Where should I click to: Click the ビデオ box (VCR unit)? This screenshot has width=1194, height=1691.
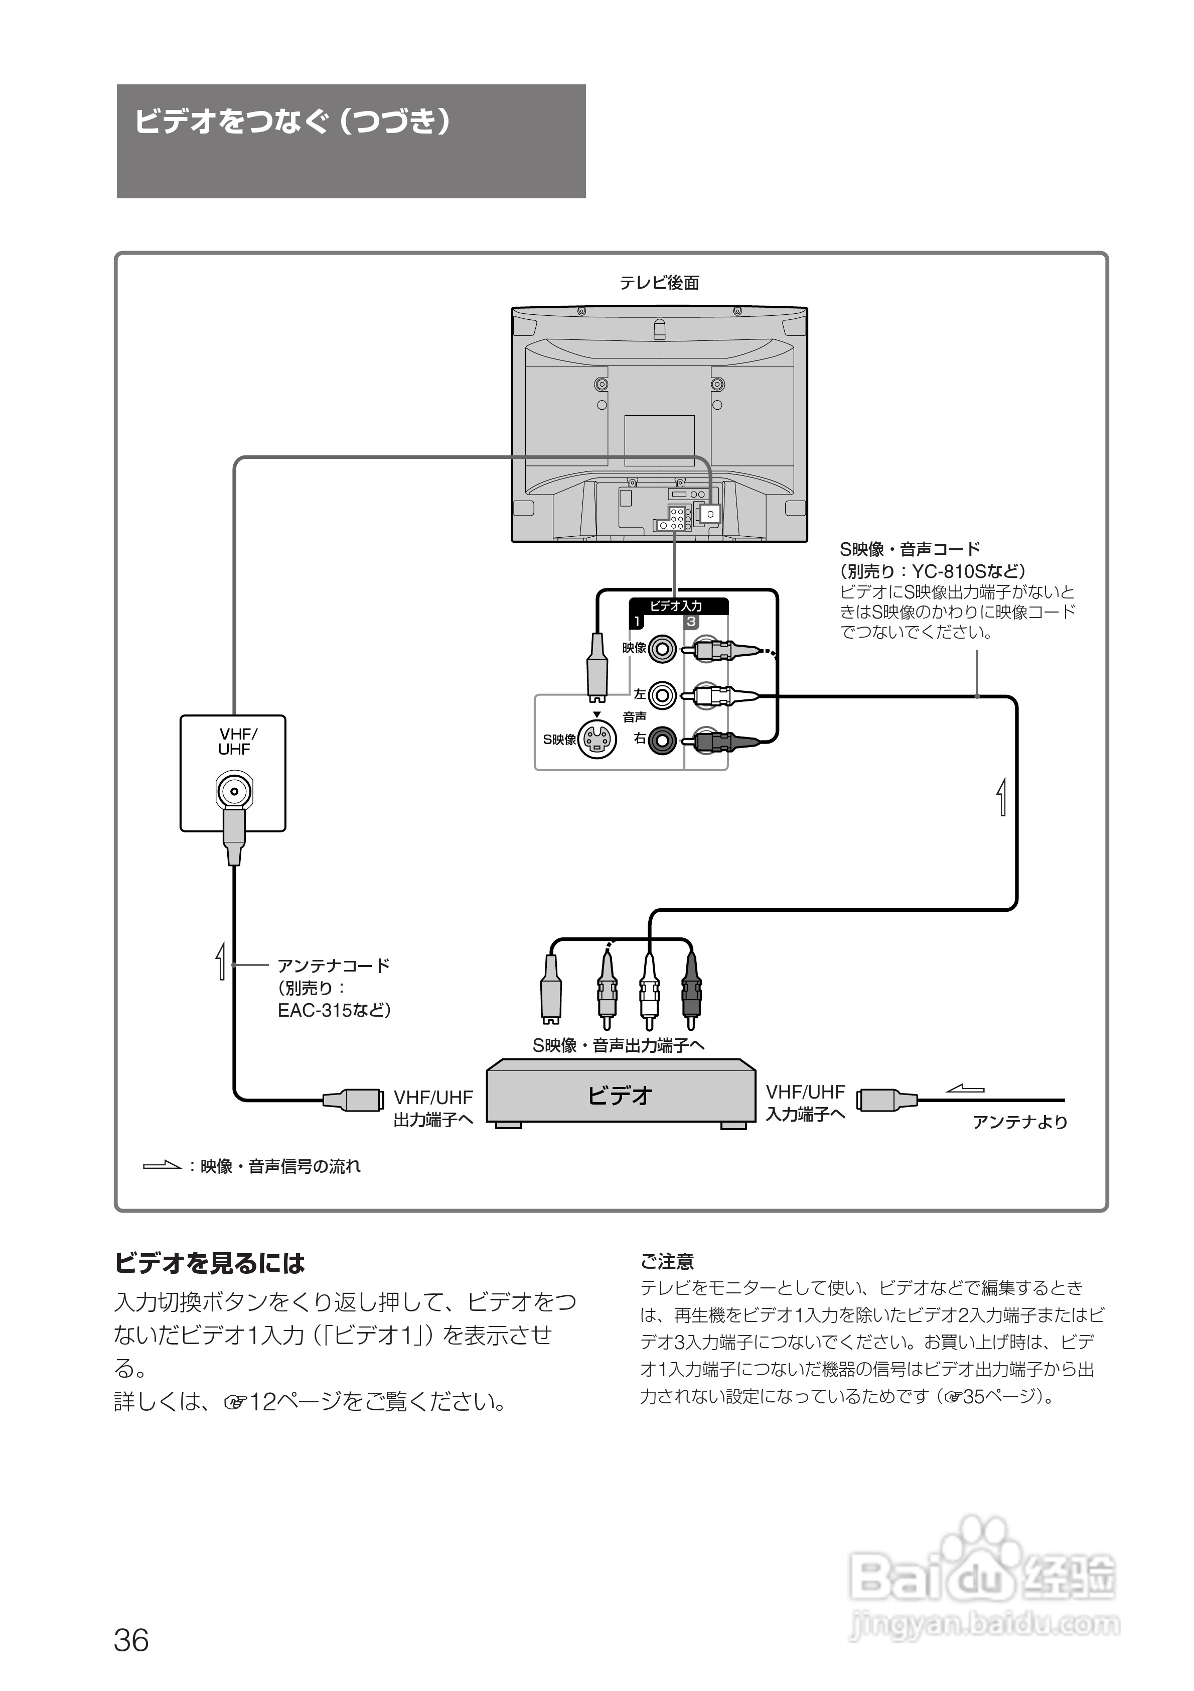click(621, 1096)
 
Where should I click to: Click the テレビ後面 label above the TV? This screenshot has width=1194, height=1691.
click(659, 283)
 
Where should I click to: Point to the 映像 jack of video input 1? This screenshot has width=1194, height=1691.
click(663, 649)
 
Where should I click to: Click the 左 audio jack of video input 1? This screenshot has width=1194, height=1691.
click(663, 694)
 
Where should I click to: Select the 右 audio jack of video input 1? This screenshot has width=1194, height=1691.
click(663, 739)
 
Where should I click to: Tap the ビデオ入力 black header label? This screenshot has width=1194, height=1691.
click(676, 606)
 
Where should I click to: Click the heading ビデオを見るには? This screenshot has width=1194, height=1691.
click(210, 1264)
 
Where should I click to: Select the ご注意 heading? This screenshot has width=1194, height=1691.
click(667, 1262)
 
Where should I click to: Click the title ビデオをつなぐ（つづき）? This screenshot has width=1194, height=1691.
click(292, 122)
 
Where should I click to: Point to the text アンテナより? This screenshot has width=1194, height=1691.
click(1019, 1123)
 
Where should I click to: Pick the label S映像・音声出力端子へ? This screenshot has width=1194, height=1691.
click(619, 1046)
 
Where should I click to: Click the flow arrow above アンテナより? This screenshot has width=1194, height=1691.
click(965, 1089)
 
